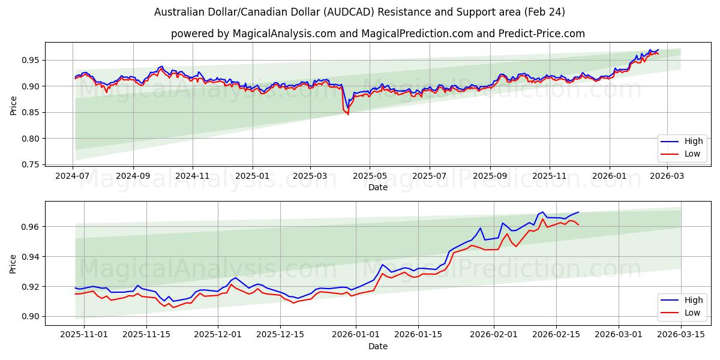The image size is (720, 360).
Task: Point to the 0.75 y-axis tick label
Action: tap(31, 164)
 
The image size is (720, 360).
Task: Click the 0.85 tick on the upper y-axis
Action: tap(31, 112)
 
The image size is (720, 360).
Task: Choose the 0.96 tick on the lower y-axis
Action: tap(31, 227)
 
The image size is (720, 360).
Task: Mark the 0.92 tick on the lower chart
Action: tap(31, 287)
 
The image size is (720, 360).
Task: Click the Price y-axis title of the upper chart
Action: tap(13, 106)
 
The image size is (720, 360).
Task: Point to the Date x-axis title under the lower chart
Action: tap(378, 346)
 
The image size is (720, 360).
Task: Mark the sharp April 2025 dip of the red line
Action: tap(348, 114)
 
